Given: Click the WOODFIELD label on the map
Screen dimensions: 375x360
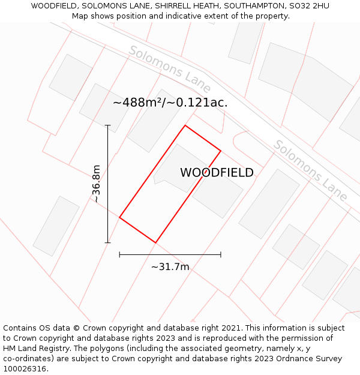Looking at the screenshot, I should coord(217,173).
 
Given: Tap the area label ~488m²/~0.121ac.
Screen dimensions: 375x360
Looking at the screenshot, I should coord(170,103).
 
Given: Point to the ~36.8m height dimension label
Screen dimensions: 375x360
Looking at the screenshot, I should coord(95,184).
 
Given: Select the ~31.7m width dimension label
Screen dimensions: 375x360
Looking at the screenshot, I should coord(170,267).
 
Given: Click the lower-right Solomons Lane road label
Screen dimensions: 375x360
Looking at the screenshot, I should coord(310,170).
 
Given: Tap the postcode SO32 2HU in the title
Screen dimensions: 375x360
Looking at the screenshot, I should coord(309,6).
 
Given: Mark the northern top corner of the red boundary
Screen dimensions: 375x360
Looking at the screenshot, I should coord(185,125).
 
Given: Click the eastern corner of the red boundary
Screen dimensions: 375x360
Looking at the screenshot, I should coord(221,151).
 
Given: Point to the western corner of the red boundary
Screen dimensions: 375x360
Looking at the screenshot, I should coord(120,217).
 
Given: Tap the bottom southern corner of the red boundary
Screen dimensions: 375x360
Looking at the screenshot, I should coord(155,242).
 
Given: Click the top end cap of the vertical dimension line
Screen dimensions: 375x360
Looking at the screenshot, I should coord(108,125).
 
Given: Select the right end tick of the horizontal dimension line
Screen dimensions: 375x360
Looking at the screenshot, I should coord(221,254).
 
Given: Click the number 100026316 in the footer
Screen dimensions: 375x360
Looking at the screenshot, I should coord(24,369).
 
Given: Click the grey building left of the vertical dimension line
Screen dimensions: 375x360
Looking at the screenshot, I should coord(56,226).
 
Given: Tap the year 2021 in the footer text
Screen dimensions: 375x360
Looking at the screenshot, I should coord(231,328).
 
